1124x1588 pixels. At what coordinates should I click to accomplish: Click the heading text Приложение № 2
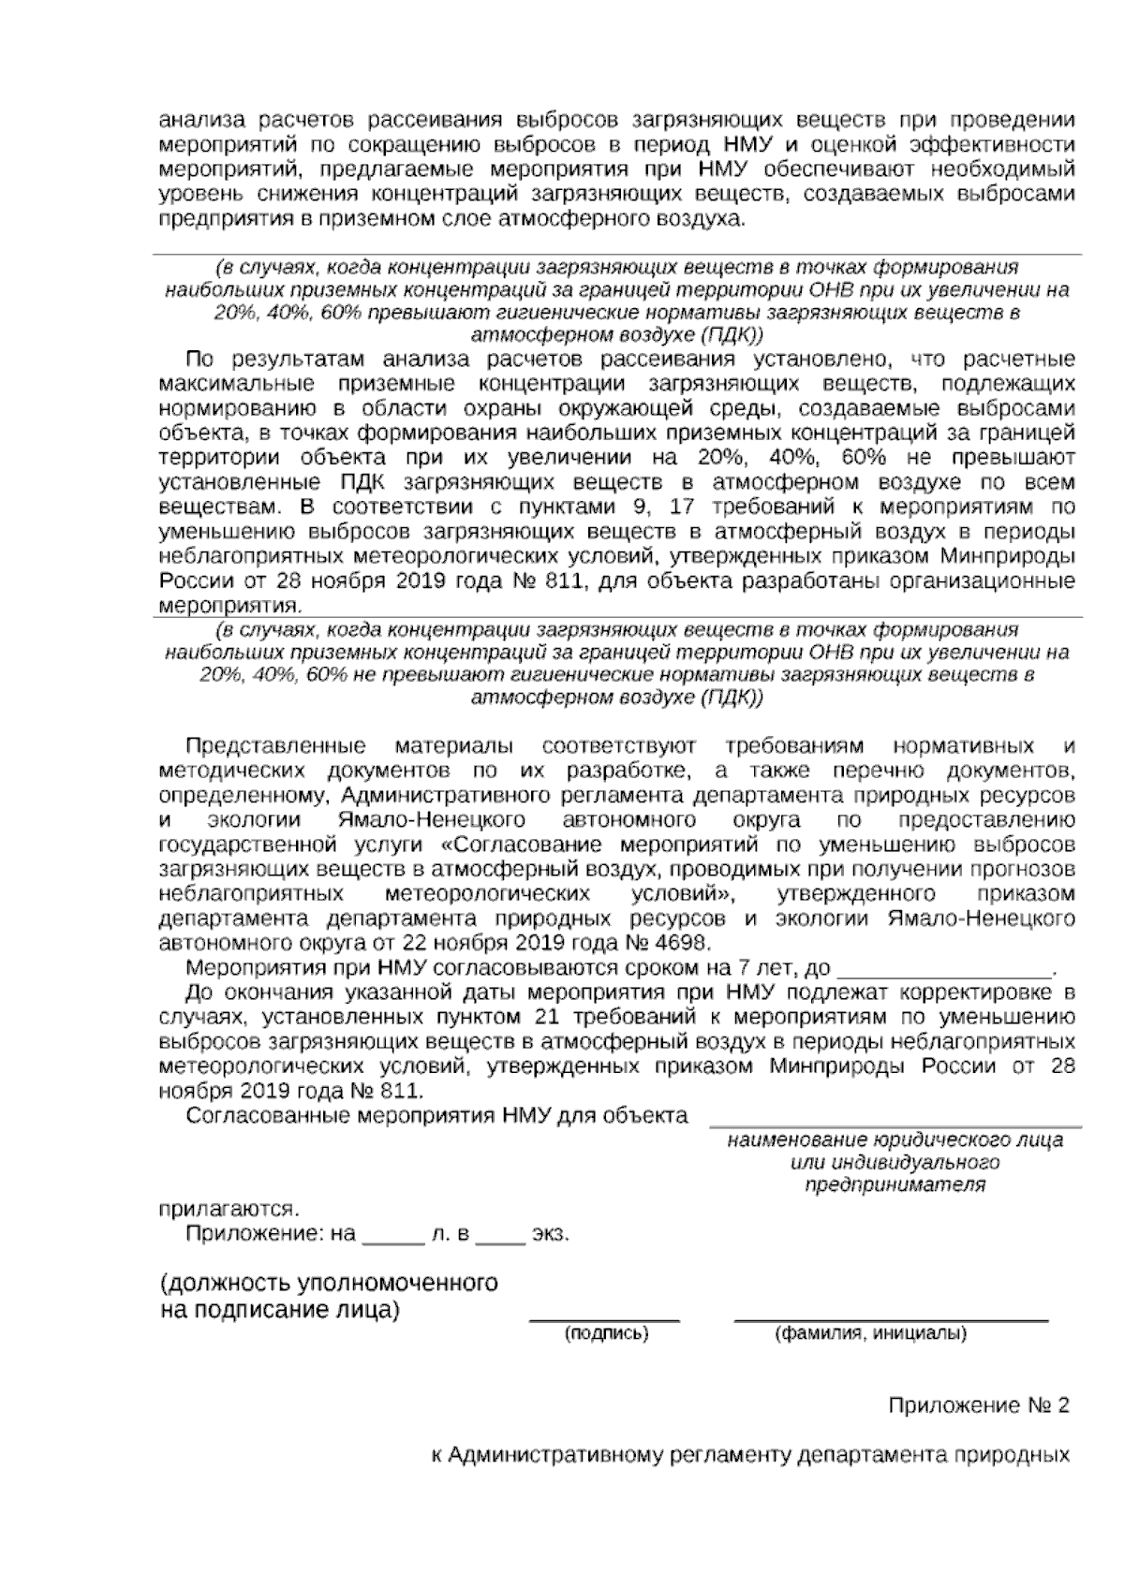978,1405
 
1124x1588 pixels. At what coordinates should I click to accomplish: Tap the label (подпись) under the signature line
605,1333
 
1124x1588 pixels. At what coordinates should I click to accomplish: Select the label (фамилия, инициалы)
870,1333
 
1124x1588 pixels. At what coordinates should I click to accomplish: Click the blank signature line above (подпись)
605,1318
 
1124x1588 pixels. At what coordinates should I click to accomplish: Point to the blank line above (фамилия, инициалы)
891,1318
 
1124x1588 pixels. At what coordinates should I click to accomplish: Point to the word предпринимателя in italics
895,1184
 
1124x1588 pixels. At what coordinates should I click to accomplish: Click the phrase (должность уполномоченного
329,1282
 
